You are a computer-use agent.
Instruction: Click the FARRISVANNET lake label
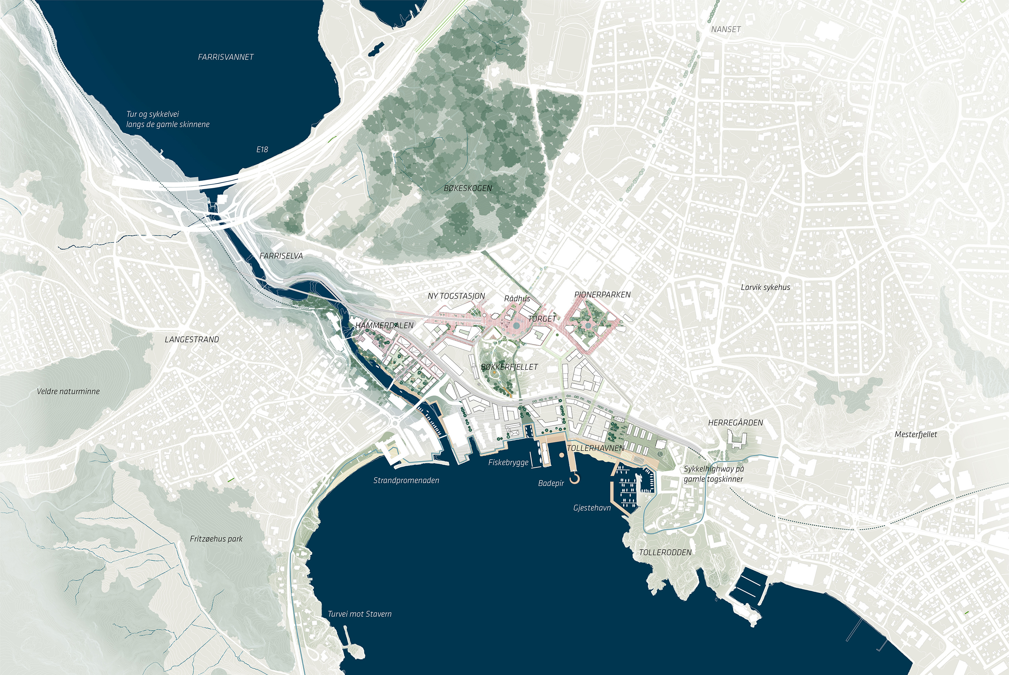pyautogui.click(x=226, y=57)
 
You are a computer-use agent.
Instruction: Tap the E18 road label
pyautogui.click(x=262, y=150)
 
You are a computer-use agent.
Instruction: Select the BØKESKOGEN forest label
pyautogui.click(x=468, y=188)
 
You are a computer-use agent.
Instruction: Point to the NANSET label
pyautogui.click(x=726, y=29)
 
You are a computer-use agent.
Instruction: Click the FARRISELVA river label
pyautogui.click(x=281, y=256)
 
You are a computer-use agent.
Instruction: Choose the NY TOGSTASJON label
pyautogui.click(x=456, y=296)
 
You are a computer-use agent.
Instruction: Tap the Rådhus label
pyautogui.click(x=517, y=299)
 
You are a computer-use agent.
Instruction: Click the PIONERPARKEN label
pyautogui.click(x=602, y=295)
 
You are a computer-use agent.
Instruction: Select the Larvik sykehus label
pyautogui.click(x=765, y=287)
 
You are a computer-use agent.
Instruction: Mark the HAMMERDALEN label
pyautogui.click(x=384, y=326)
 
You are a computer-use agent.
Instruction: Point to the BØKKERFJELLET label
pyautogui.click(x=509, y=367)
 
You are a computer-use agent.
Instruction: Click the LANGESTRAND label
pyautogui.click(x=192, y=340)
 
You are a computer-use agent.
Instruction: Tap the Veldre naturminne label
pyautogui.click(x=68, y=391)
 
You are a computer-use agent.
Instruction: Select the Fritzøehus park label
pyautogui.click(x=216, y=539)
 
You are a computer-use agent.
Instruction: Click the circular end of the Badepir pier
pyautogui.click(x=575, y=479)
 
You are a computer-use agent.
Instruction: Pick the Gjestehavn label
pyautogui.click(x=592, y=508)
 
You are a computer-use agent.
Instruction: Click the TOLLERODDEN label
pyautogui.click(x=665, y=552)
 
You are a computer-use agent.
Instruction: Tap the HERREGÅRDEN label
pyautogui.click(x=736, y=423)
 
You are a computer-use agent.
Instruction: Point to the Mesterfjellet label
pyautogui.click(x=915, y=434)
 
